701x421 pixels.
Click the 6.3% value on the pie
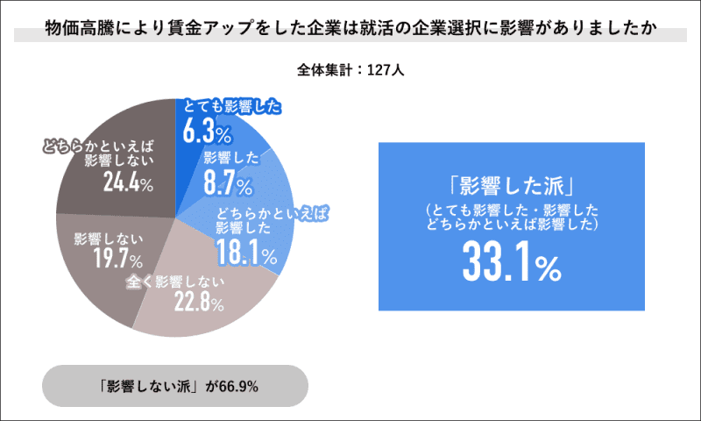(x=207, y=132)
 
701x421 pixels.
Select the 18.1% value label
(x=246, y=254)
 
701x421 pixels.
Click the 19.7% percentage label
(x=117, y=260)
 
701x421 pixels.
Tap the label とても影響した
(x=230, y=108)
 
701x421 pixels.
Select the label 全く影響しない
(x=173, y=282)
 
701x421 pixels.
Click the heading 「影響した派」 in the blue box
(x=511, y=188)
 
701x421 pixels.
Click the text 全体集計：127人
(x=350, y=69)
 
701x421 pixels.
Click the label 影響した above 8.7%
(x=230, y=160)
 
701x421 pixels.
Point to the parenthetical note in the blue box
(x=511, y=218)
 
